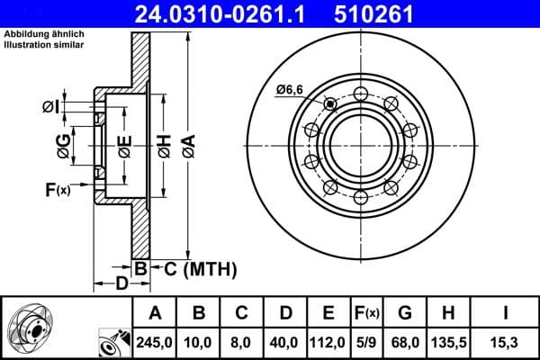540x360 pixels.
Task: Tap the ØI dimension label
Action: [x=50, y=108]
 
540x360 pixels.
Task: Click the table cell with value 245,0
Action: [x=155, y=340]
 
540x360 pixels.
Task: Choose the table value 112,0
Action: [x=328, y=340]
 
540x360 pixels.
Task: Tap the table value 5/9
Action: [x=366, y=340]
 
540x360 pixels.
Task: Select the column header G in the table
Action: [x=405, y=313]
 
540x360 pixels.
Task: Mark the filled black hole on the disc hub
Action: [x=330, y=104]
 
